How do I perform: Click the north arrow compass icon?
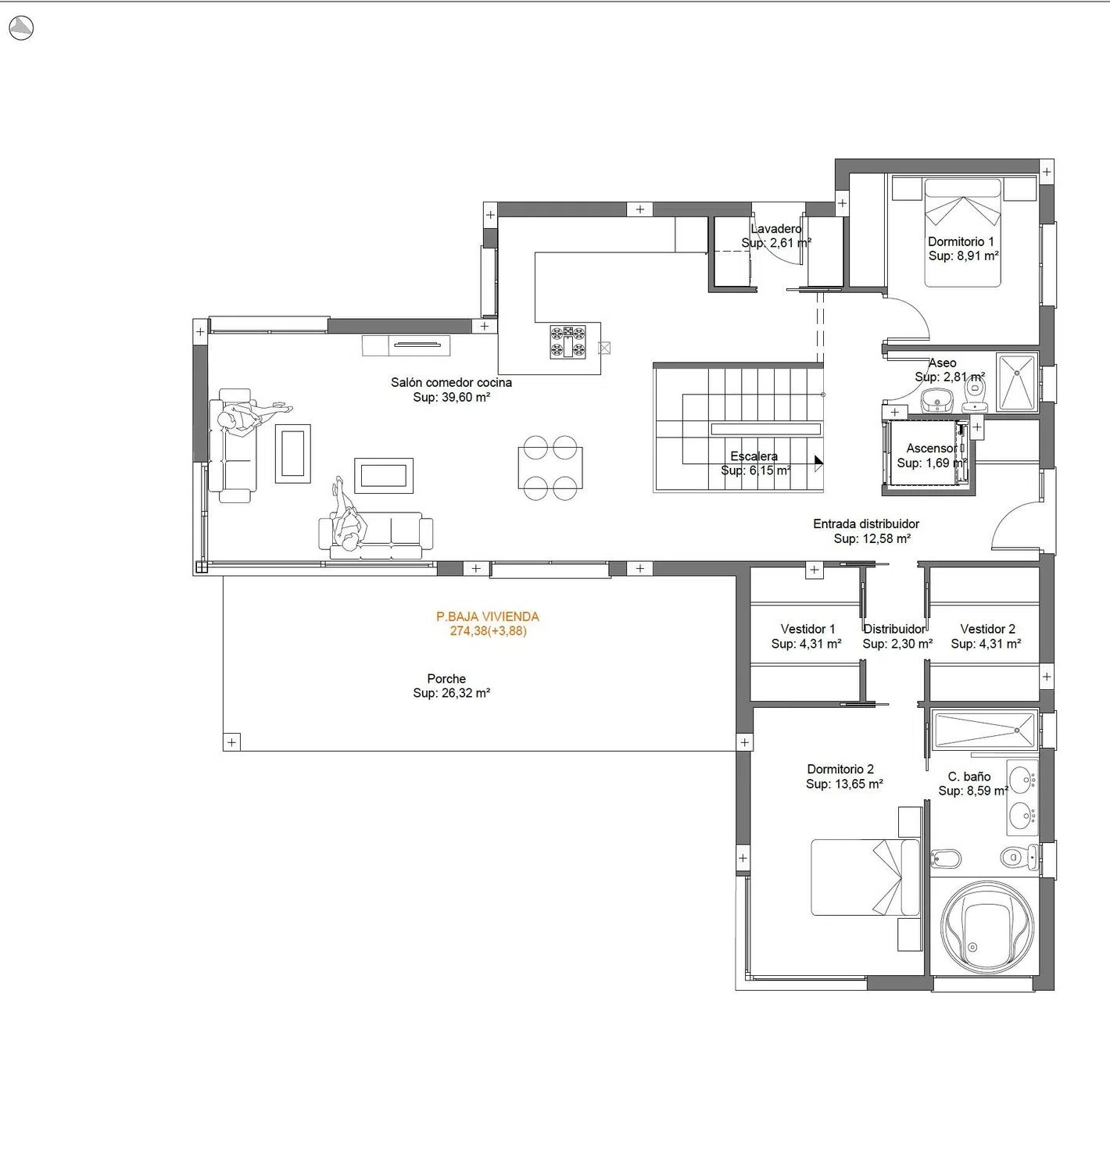click(x=21, y=28)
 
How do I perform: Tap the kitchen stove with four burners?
click(x=568, y=341)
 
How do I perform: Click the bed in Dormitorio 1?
click(x=962, y=233)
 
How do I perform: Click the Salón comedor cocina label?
click(x=451, y=382)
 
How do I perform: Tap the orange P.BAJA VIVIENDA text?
click(x=487, y=616)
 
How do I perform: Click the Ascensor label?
click(x=932, y=448)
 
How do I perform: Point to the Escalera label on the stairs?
click(x=754, y=456)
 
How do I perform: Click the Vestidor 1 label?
click(x=807, y=628)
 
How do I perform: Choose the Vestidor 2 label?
click(x=987, y=628)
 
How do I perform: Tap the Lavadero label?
click(x=776, y=228)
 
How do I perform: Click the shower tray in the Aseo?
click(x=1017, y=381)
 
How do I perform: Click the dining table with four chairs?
click(x=550, y=467)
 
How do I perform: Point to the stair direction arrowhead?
click(x=819, y=461)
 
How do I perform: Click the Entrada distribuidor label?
click(x=865, y=523)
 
